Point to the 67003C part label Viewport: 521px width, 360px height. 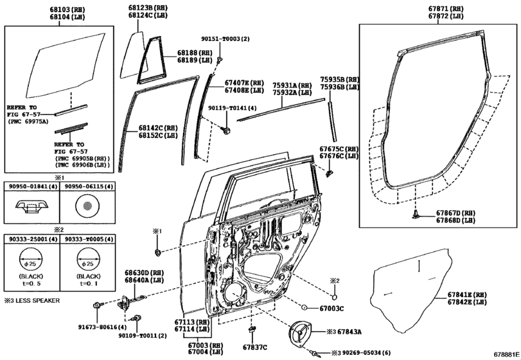click(x=331, y=309)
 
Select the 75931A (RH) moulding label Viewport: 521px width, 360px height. click(x=292, y=85)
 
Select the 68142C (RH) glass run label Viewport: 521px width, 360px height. click(x=157, y=128)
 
